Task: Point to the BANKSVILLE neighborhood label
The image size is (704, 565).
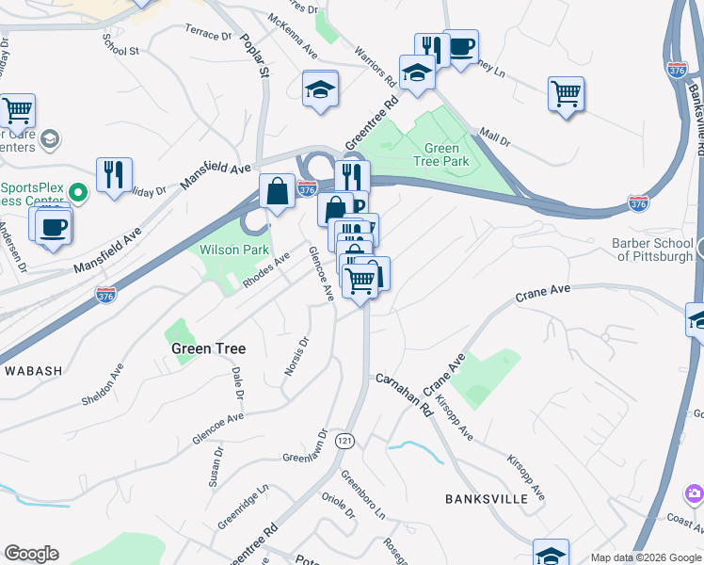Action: point(487,499)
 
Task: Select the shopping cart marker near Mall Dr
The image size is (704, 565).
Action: point(566,94)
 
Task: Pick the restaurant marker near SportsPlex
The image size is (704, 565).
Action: point(114,175)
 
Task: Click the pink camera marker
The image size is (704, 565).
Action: point(695,493)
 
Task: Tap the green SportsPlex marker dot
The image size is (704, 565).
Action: point(79,194)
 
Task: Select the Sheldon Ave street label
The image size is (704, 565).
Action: point(103,385)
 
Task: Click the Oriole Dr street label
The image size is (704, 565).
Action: point(338,506)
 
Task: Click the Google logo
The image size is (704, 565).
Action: point(32,554)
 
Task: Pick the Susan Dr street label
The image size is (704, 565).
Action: point(216,466)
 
